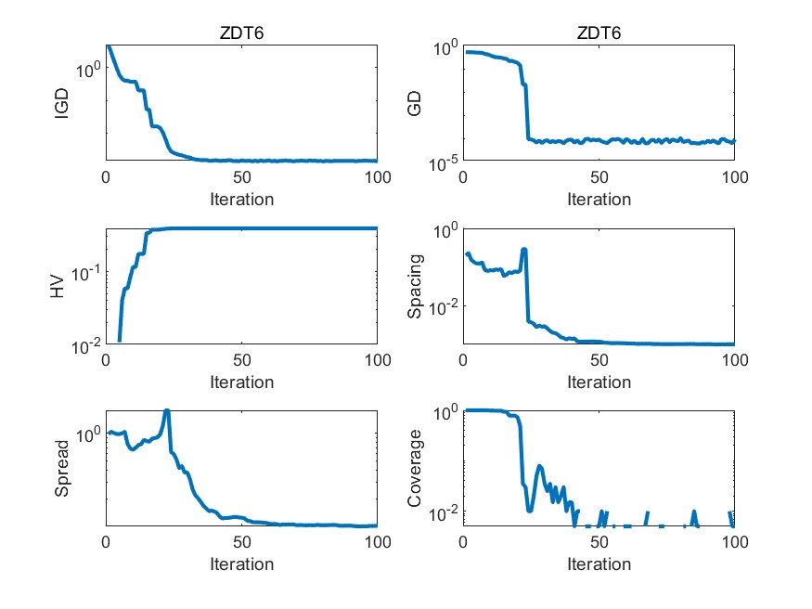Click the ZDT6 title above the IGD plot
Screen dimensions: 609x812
tap(241, 34)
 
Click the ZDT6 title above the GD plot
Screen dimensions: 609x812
tap(599, 34)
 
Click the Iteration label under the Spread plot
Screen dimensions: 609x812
tap(241, 564)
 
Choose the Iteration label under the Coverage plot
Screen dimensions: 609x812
tap(599, 564)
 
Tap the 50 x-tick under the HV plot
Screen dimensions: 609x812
tap(241, 360)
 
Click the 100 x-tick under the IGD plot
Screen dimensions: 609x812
tap(377, 177)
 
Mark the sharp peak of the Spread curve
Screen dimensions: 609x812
tap(167, 410)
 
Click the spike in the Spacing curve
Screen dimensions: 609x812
tap(524, 250)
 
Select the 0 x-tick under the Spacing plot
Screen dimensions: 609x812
tap(463, 360)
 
